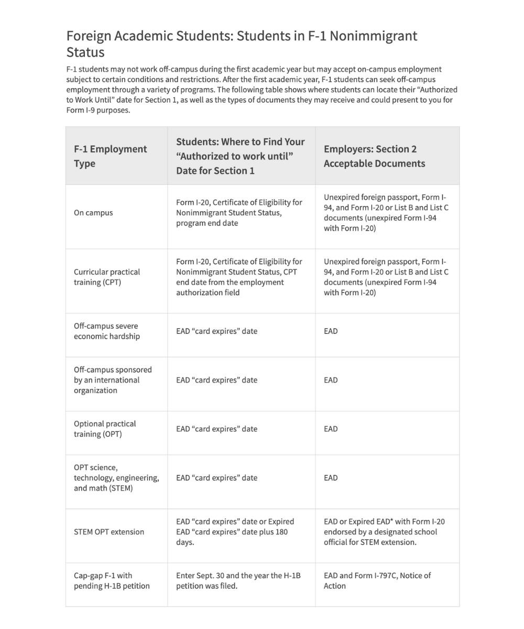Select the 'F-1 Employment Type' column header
coord(110,156)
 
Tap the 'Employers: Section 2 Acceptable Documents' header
coord(374,156)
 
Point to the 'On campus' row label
coord(93,213)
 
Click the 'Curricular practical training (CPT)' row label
coord(107,277)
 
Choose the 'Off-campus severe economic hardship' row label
coord(107,331)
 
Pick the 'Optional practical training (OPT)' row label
coord(105,429)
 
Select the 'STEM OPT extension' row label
coord(109,532)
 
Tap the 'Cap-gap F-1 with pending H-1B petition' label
coord(112,581)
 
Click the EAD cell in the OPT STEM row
coord(331,478)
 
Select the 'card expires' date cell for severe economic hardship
coord(217,331)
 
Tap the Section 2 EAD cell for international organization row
coord(331,380)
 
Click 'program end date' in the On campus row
coord(207,223)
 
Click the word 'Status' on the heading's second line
coord(85,52)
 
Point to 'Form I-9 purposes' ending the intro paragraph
coord(98,110)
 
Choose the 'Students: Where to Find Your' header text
coord(240,142)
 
